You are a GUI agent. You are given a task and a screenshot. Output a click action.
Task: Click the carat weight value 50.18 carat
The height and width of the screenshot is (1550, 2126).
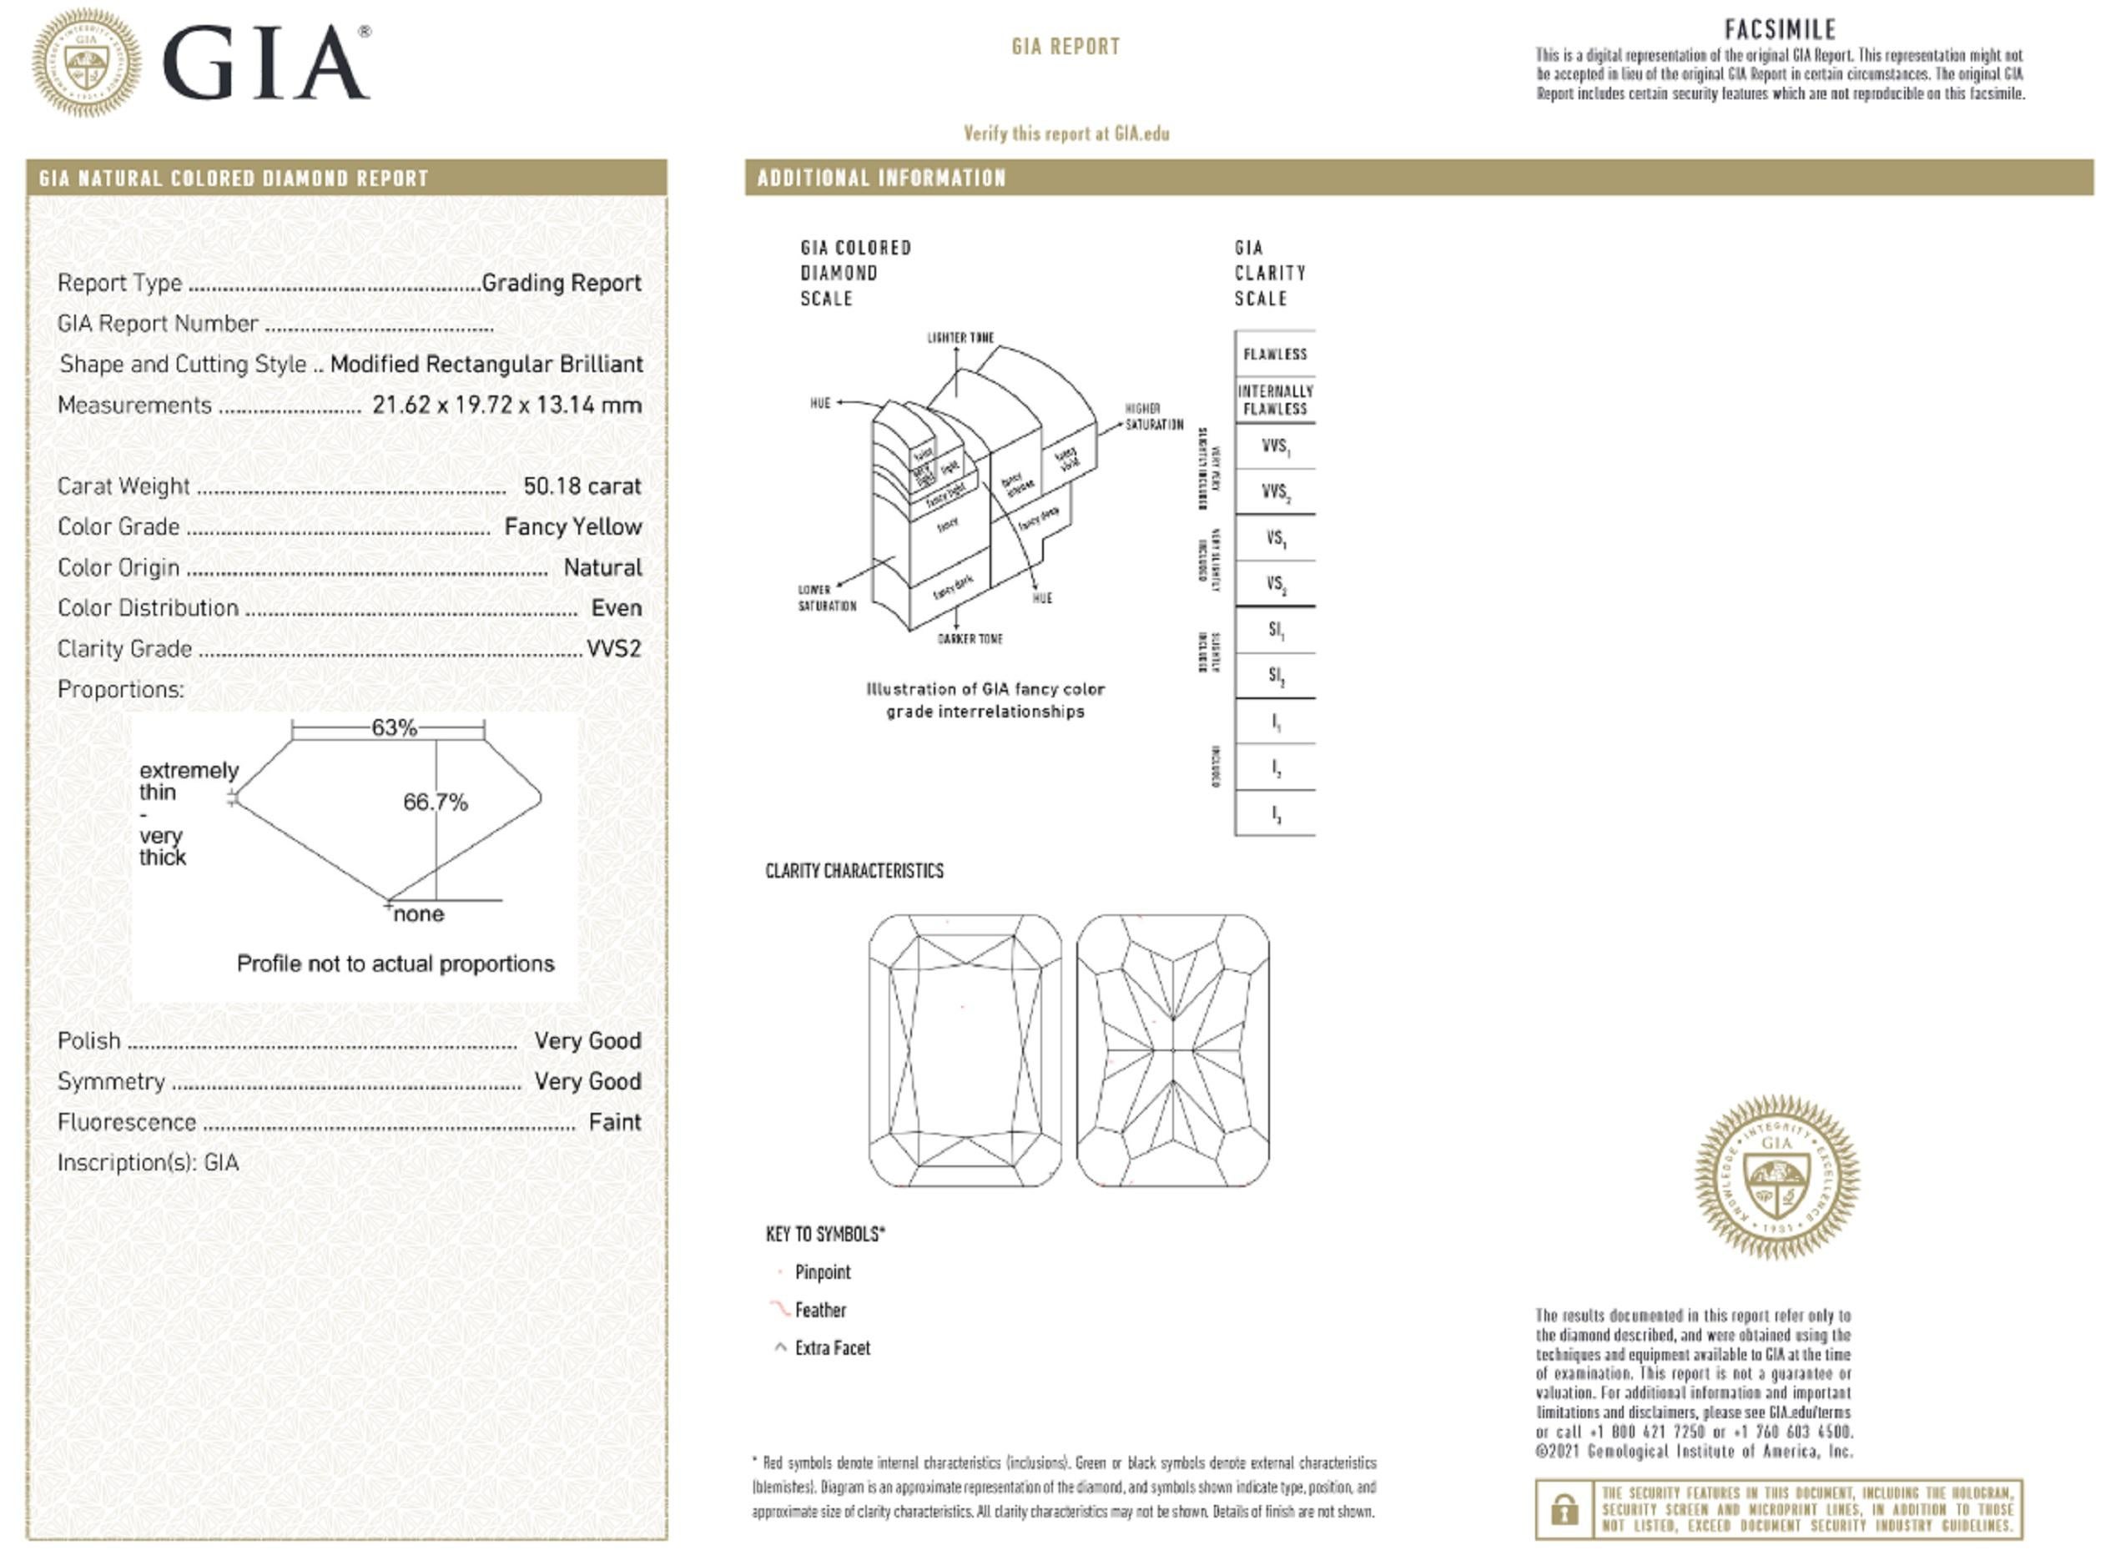[x=582, y=486]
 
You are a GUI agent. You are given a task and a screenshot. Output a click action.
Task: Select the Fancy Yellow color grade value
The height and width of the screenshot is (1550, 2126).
[x=572, y=527]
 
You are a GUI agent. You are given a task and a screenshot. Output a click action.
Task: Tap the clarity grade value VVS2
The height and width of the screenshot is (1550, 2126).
[x=613, y=648]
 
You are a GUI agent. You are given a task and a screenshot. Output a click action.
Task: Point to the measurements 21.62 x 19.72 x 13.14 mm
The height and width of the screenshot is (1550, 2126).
[x=506, y=405]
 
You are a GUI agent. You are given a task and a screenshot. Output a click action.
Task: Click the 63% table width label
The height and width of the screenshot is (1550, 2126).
[x=393, y=728]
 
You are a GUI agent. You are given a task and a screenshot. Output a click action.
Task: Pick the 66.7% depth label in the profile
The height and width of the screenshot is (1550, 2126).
[x=435, y=803]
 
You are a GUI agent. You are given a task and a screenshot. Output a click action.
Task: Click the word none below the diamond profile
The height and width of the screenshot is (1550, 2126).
[x=419, y=913]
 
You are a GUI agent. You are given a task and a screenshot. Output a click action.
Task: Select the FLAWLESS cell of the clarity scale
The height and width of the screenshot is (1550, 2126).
[x=1274, y=354]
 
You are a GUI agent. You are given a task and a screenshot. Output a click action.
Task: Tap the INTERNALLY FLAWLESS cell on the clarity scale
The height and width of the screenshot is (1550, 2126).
[x=1274, y=400]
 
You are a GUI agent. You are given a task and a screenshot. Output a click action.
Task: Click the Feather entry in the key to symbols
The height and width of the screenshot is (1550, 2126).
[x=819, y=1311]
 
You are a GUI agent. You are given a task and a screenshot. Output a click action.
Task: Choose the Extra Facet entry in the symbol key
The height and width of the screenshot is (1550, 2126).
[x=831, y=1348]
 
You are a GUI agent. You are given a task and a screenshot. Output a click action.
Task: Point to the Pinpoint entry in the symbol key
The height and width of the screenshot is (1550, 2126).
[x=822, y=1272]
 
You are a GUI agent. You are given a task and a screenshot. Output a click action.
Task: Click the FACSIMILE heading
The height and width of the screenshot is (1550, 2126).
[x=1779, y=29]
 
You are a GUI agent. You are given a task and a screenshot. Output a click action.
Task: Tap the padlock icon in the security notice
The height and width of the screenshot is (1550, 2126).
[x=1563, y=1510]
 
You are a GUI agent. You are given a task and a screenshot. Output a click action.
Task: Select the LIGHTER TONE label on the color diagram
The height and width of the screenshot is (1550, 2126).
[x=960, y=338]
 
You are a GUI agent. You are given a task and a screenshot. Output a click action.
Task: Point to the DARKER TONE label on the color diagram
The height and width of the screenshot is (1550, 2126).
[x=970, y=639]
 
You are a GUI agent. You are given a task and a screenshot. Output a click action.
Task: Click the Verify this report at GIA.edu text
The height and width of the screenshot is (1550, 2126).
[x=1066, y=133]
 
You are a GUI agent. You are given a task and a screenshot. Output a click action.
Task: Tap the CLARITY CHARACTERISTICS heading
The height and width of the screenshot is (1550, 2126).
[x=854, y=871]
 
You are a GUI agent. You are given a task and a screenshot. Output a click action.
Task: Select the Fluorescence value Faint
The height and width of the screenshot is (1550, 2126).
[x=615, y=1122]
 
